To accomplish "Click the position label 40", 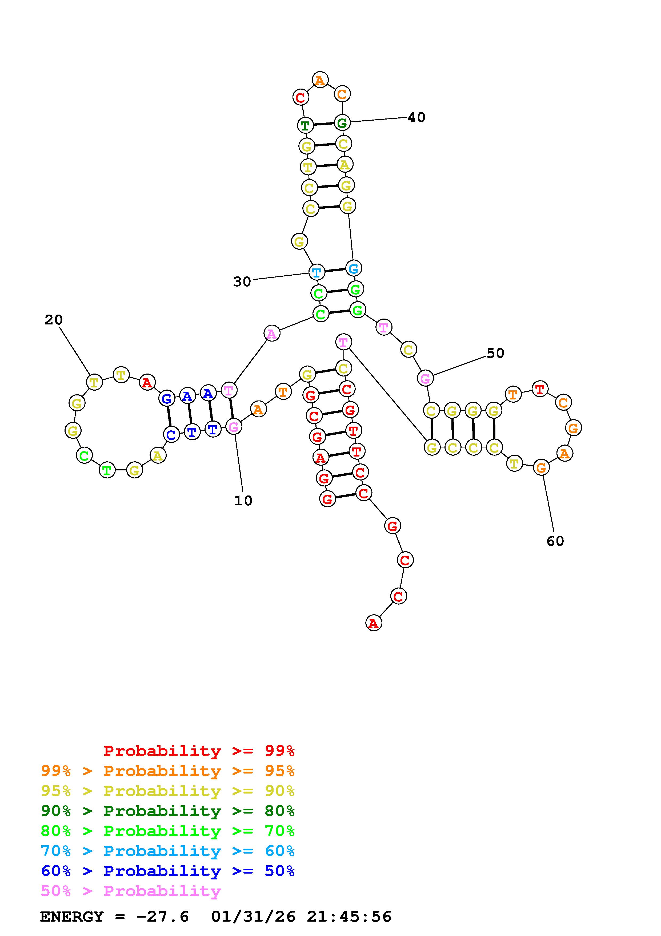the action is (416, 117).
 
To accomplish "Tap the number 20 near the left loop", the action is (54, 320).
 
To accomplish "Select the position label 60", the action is (555, 541).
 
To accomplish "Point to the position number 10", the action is (243, 501).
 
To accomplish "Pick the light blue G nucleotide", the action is (354, 268).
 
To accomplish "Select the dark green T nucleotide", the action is (305, 125).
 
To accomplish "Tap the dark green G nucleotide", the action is (342, 122).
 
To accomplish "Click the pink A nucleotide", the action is (272, 334).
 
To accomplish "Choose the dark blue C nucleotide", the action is (171, 435).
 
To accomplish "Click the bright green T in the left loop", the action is (107, 470).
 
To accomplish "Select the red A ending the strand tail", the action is (374, 623).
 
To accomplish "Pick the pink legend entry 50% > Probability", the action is (131, 891).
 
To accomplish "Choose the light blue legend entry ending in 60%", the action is (168, 851).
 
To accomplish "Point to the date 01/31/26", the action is (253, 917).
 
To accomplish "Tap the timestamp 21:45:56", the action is (349, 917).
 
